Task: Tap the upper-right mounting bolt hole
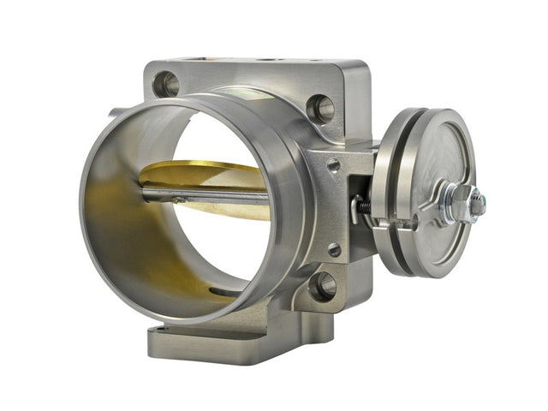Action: tap(321, 108)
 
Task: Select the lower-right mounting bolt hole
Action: tap(323, 286)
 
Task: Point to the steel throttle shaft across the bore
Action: tap(205, 196)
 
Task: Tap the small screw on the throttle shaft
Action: tap(177, 200)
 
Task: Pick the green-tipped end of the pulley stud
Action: tap(480, 206)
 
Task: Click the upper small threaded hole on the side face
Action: tap(333, 164)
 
